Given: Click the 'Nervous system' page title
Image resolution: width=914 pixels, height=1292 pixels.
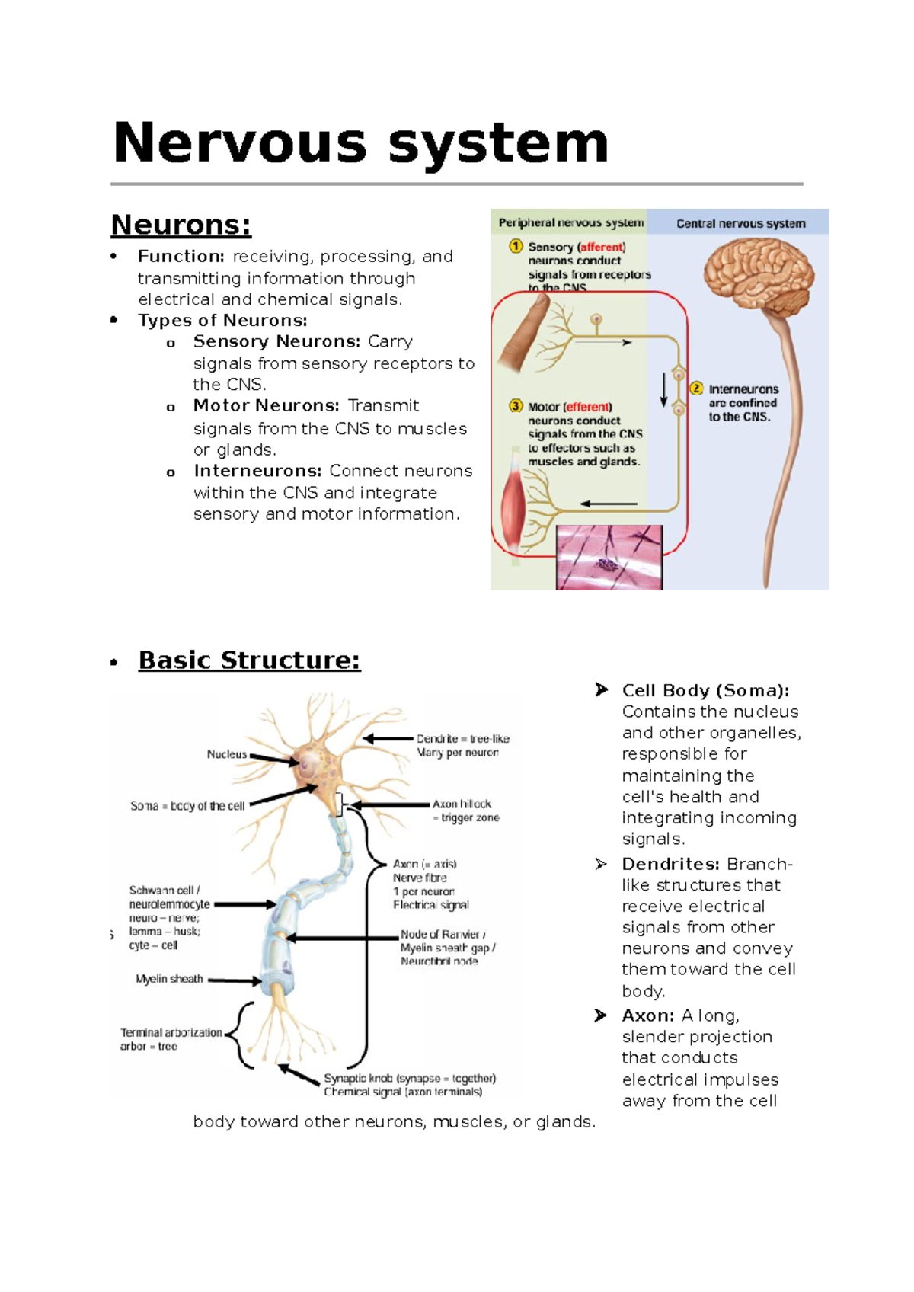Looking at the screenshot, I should pyautogui.click(x=360, y=143).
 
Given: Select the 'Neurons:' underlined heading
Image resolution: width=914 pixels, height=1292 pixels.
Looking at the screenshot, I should pyautogui.click(x=181, y=225).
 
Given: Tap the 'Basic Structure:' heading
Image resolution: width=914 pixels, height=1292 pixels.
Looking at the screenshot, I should pyautogui.click(x=249, y=660).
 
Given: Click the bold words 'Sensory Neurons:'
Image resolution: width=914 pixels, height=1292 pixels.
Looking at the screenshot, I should pyautogui.click(x=276, y=341).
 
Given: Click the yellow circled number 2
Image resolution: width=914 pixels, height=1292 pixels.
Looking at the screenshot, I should pyautogui.click(x=696, y=389).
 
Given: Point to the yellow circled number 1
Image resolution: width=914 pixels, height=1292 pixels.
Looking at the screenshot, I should pyautogui.click(x=516, y=246).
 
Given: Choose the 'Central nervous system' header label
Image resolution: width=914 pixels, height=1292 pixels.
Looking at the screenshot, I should pyautogui.click(x=740, y=223).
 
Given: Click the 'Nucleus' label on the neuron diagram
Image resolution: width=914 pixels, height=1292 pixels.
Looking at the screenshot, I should pyautogui.click(x=227, y=754).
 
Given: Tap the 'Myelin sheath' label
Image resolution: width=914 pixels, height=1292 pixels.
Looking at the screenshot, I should pyautogui.click(x=169, y=979).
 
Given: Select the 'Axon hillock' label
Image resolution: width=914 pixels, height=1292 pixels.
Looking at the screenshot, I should pyautogui.click(x=462, y=804).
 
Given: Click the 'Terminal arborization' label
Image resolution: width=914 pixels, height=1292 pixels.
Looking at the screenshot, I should pyautogui.click(x=171, y=1033).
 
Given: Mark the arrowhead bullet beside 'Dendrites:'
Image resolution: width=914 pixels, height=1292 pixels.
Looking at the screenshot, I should pyautogui.click(x=601, y=864).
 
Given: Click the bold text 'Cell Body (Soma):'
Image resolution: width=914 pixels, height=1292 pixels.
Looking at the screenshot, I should pyautogui.click(x=705, y=690).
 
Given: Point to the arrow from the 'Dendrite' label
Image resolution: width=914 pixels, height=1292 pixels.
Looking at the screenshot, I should pyautogui.click(x=388, y=738).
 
